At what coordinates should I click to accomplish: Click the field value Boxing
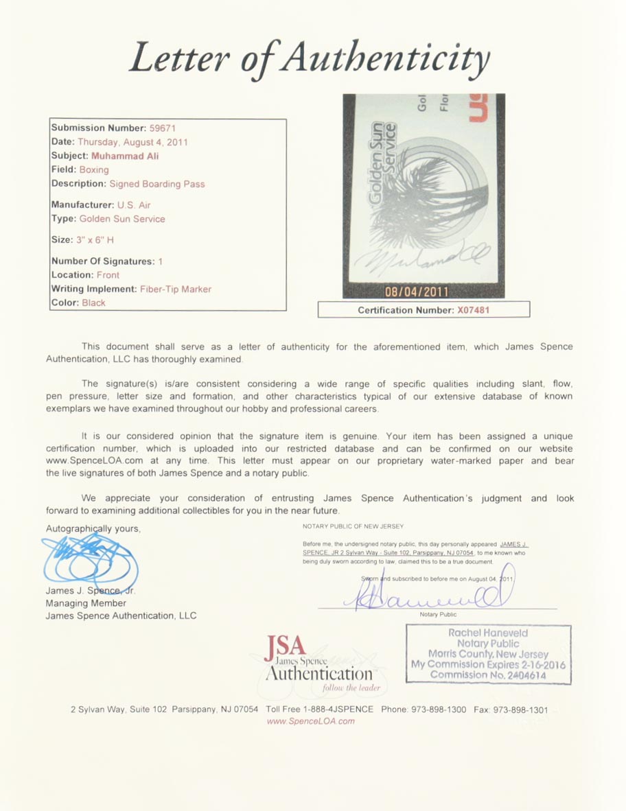tap(94, 169)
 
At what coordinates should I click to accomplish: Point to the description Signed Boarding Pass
tap(156, 184)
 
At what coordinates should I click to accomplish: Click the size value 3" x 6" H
tap(95, 240)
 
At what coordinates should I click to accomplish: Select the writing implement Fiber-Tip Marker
tap(176, 289)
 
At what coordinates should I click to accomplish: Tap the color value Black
tap(94, 303)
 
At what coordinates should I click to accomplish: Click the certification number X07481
tap(473, 310)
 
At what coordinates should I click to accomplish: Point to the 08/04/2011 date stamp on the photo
tap(424, 292)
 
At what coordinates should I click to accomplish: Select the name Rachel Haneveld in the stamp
tap(488, 633)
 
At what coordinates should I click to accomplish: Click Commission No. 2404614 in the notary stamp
tap(488, 675)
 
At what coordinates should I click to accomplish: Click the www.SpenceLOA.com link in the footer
tap(310, 721)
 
